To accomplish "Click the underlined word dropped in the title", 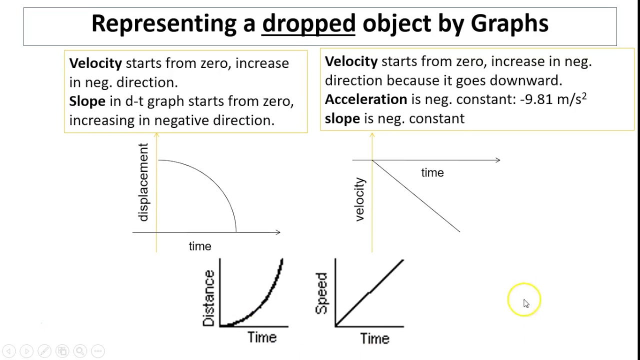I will [308, 23].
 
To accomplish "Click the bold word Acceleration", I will [365, 99].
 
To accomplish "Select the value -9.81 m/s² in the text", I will [553, 99].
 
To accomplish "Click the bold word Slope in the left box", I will [87, 101].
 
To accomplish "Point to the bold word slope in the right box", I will [342, 118].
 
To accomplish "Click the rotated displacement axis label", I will [143, 182].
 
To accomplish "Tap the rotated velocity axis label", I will [359, 199].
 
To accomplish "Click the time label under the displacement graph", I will [200, 246].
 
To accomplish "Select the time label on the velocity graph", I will [432, 173].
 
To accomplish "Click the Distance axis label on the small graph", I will [209, 298].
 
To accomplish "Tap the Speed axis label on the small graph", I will [321, 293].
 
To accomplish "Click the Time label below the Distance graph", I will [262, 337].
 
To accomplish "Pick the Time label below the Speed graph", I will [374, 338].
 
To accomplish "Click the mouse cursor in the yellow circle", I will [525, 303].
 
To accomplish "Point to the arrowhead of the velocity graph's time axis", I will [498, 160].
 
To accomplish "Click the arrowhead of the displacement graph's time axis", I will [278, 232].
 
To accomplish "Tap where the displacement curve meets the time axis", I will [236, 231].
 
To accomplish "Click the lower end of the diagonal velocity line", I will [459, 231].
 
